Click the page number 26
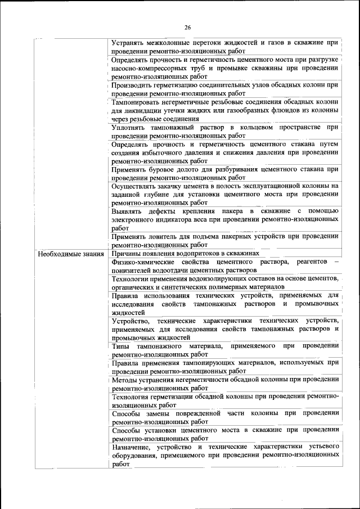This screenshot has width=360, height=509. [x=188, y=27]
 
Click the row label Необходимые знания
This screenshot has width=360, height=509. [x=71, y=254]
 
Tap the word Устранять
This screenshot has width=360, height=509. [x=129, y=43]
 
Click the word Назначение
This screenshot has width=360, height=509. [x=134, y=447]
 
